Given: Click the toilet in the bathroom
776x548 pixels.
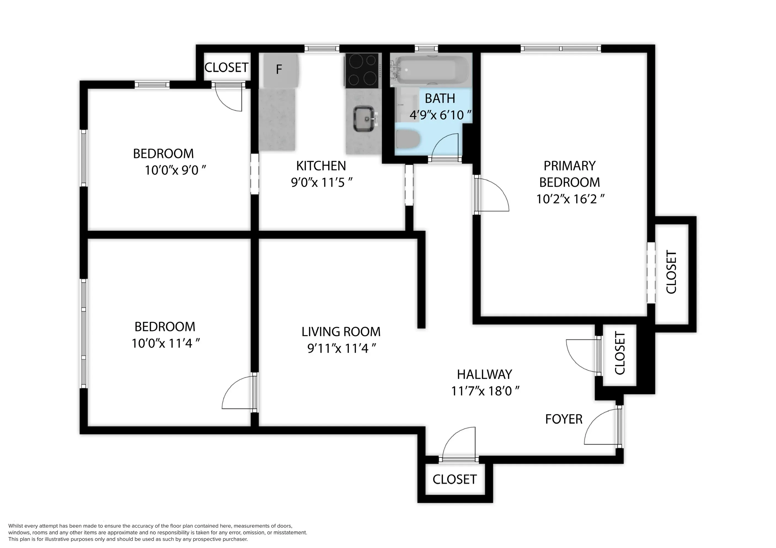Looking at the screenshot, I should [407, 139].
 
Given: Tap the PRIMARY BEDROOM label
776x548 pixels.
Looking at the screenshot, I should [569, 174].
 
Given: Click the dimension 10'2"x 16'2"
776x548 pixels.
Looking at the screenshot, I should [570, 199].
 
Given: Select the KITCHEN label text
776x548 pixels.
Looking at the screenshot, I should [321, 166].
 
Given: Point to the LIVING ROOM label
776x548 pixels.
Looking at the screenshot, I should [341, 332].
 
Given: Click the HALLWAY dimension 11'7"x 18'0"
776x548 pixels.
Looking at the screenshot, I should [485, 391].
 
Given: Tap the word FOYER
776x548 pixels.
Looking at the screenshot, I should [564, 419].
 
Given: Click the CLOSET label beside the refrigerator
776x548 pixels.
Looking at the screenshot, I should [226, 68].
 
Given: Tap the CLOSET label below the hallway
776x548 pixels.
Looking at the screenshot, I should [454, 479].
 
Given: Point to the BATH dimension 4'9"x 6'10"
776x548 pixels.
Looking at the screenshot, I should [440, 115].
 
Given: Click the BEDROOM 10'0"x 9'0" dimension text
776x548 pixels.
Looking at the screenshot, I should [175, 170].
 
